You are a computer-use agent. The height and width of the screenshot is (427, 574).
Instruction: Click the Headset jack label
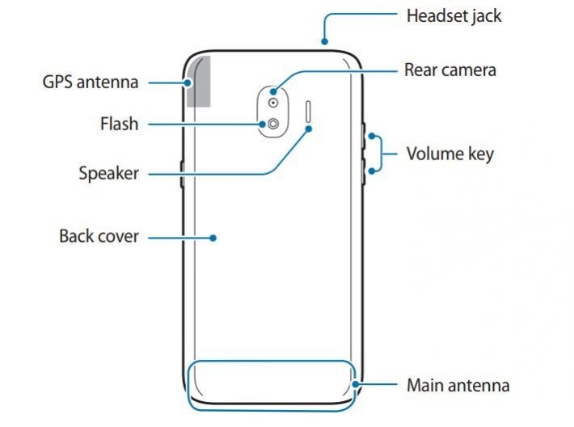tap(453, 15)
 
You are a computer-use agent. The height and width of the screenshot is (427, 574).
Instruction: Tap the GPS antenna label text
tap(91, 82)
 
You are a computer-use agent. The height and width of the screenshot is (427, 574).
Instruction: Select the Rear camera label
tap(449, 70)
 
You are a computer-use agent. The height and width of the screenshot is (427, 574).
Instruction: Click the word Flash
tap(119, 125)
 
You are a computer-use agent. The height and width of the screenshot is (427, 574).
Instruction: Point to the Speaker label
tap(108, 173)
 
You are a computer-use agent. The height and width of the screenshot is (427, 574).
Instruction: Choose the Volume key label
tap(449, 154)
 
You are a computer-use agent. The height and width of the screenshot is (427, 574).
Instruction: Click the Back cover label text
tap(99, 237)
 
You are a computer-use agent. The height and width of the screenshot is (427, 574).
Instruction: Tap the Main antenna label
tap(458, 385)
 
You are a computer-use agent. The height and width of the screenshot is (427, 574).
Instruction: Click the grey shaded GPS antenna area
tap(199, 81)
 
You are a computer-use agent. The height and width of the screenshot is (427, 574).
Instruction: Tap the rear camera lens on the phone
tap(274, 104)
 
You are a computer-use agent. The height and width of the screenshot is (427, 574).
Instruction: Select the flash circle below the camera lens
tap(274, 125)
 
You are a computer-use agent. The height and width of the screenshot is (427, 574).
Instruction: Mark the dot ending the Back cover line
tap(213, 238)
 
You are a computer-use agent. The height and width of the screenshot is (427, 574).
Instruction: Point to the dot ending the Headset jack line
tap(323, 41)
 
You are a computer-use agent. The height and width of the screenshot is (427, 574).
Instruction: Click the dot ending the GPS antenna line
tap(188, 82)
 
